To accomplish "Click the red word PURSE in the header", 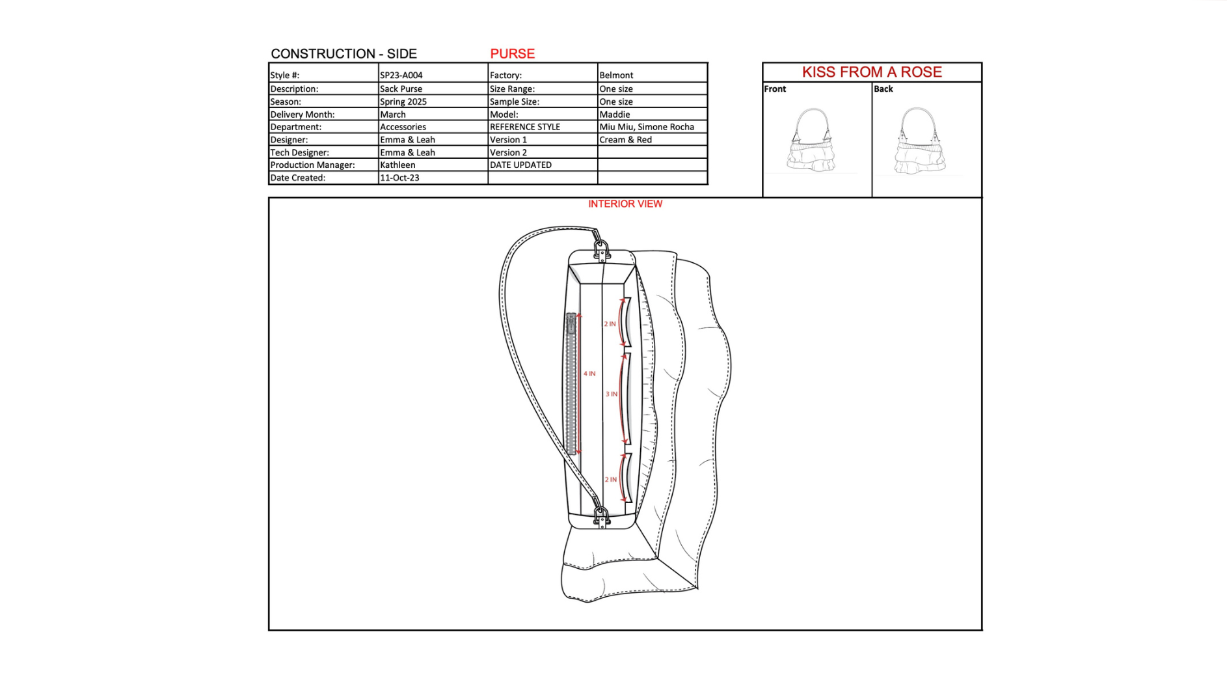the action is pos(512,54).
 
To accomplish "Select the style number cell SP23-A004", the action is pos(401,75).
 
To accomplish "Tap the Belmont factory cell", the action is pos(616,75).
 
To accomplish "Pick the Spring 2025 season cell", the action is pos(403,102).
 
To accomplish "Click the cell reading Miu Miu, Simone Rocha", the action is pos(647,127).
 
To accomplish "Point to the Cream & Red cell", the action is pos(625,139).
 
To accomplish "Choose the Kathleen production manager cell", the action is pos(398,165).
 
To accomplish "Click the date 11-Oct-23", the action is pos(399,178).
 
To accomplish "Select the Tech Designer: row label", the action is pos(300,152).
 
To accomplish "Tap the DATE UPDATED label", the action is pos(520,165).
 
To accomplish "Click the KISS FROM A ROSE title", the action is pos(872,72).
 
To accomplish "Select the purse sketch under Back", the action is pos(919,141).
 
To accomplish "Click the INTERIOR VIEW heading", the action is pos(625,204).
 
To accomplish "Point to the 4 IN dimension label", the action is pos(589,374).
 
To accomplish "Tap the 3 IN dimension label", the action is pos(612,394).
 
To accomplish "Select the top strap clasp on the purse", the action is pos(601,249).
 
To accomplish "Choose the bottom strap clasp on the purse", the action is pos(601,515).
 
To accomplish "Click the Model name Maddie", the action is pos(615,114).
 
